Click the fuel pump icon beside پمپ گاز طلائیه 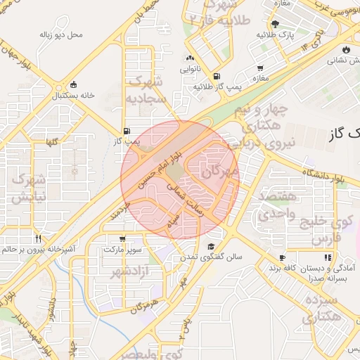tap(216, 76)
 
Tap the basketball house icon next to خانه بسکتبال tap(74, 84)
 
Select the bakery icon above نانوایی tap(190, 59)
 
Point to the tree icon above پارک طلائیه tap(274, 24)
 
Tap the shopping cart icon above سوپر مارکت tap(123, 239)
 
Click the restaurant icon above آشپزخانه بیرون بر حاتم tap(38, 238)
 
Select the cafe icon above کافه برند tap(282, 258)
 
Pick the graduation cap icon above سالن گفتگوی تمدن tap(211, 247)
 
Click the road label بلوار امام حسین tap(166, 157)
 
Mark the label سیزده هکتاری tap(323, 309)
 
